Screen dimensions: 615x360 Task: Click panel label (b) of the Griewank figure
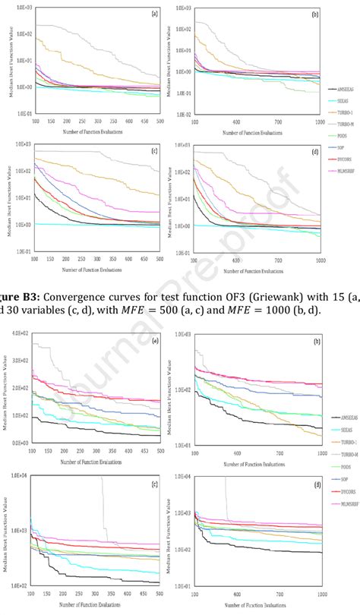tap(314, 13)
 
